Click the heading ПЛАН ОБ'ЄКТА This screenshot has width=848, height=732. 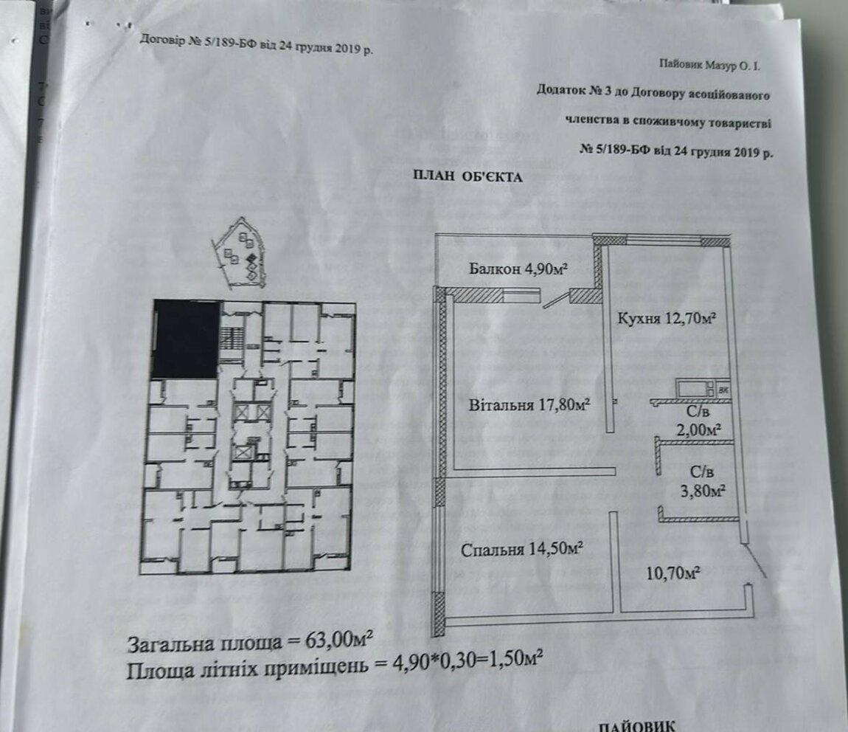(x=468, y=176)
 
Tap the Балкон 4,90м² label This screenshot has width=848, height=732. (x=518, y=269)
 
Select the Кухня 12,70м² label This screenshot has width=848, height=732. (x=667, y=318)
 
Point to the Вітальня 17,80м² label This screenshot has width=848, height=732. (x=529, y=404)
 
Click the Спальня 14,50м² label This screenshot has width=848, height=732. (x=522, y=549)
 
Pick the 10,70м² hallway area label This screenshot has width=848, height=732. (x=674, y=572)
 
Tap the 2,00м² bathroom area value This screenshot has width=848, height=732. (x=699, y=430)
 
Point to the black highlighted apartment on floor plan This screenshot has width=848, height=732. (x=186, y=339)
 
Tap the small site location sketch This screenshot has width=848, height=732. (x=237, y=252)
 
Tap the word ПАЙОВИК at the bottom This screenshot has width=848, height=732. (x=636, y=725)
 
